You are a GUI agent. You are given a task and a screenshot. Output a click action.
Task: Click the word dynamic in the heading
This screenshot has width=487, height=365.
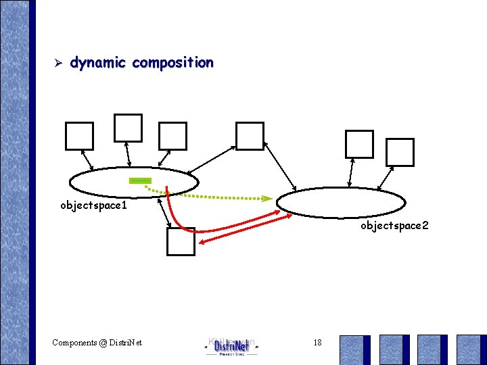97,63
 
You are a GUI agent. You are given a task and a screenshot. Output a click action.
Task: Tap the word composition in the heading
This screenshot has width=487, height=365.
173,63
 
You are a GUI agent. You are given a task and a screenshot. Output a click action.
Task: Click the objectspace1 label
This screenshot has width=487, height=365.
93,204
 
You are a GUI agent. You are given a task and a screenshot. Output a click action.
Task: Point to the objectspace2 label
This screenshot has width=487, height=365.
394,226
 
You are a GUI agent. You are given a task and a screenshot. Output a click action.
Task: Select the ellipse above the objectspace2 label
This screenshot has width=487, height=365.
341,202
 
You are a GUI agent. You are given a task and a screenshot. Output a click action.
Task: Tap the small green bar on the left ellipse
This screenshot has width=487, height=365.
140,180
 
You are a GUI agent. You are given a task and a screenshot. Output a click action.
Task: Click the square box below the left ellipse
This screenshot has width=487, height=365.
181,241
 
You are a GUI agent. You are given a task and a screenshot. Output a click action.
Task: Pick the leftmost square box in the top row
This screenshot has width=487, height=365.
79,136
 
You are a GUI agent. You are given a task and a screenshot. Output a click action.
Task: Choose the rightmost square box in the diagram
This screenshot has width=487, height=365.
400,152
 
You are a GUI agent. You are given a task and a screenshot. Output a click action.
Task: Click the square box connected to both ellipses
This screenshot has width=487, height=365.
250,136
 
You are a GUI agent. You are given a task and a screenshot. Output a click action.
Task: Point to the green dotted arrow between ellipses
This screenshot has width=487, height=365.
216,197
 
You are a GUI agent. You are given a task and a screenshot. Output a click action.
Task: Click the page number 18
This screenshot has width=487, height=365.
318,343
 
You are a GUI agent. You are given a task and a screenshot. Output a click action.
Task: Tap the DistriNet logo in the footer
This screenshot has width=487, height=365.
231,346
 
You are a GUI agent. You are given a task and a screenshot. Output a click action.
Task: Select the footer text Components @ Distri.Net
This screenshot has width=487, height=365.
97,343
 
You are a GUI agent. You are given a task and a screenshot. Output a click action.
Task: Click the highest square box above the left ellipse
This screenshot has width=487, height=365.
128,128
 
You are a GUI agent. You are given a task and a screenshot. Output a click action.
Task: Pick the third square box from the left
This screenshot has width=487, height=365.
172,136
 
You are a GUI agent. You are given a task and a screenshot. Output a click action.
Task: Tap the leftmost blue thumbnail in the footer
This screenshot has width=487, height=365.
354,349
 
